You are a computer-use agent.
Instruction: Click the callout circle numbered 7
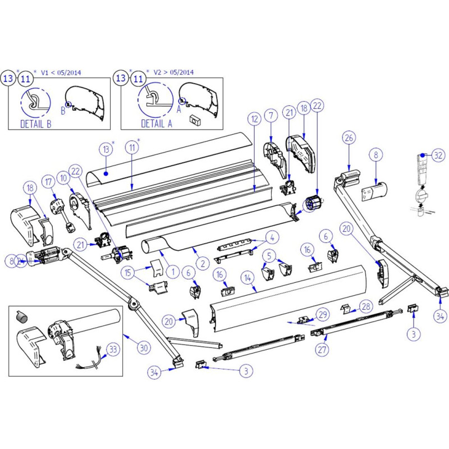click(271, 116)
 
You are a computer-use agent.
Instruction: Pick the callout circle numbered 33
click(113, 350)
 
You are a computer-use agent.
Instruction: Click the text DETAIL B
click(35, 124)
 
